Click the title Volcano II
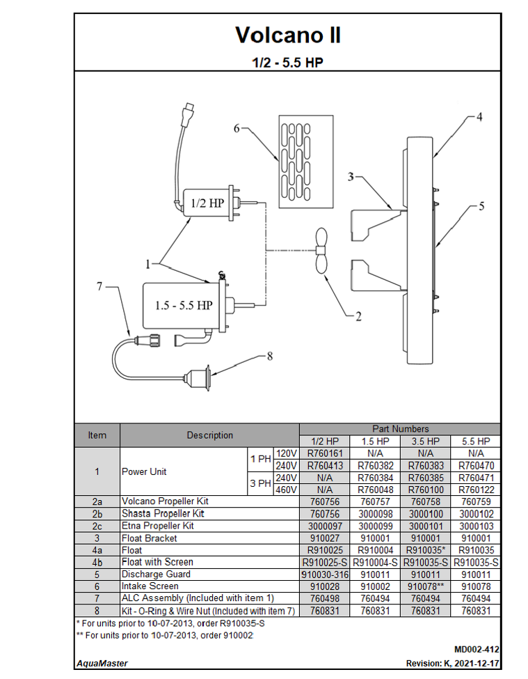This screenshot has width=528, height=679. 287,35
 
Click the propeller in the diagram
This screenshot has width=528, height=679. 321,251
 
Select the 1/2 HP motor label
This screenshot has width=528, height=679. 207,203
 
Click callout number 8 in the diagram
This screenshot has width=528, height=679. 270,355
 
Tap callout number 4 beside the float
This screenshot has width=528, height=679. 479,116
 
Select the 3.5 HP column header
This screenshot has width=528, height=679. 425,442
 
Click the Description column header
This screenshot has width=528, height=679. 209,435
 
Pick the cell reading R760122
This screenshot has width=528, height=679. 476,490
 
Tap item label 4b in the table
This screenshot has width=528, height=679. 97,562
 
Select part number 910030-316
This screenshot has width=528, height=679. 325,575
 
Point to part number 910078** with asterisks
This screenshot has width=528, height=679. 425,586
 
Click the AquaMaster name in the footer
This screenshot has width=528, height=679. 102,664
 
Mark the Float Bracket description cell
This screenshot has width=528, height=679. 150,538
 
